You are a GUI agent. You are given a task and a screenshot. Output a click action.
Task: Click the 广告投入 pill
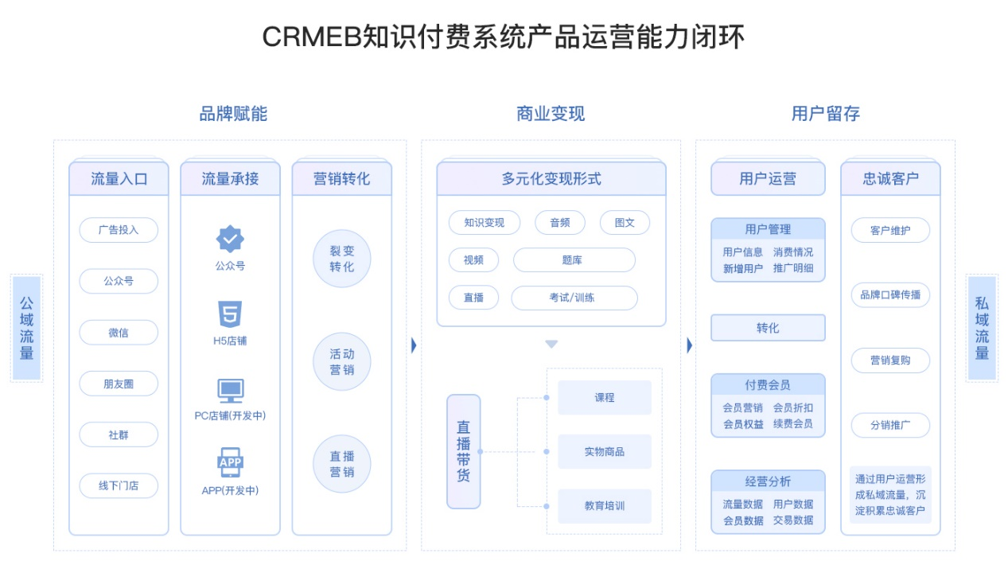click(119, 230)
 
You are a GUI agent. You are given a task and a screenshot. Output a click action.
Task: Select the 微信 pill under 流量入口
click(119, 333)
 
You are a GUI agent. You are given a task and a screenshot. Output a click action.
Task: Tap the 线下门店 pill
click(119, 485)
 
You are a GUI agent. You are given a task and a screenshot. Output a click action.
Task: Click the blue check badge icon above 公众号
click(230, 239)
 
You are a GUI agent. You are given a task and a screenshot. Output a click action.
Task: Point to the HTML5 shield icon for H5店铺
click(230, 314)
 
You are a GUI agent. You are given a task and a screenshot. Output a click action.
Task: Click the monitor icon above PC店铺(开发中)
click(231, 391)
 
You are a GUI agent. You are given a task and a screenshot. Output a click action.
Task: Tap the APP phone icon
click(231, 462)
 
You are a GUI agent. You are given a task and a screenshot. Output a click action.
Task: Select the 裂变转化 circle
click(341, 259)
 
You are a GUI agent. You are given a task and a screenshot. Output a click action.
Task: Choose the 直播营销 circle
click(341, 464)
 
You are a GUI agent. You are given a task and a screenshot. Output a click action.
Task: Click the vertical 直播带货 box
click(464, 451)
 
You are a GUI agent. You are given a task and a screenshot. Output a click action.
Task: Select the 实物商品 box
click(605, 451)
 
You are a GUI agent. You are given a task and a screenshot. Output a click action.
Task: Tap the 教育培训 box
click(605, 506)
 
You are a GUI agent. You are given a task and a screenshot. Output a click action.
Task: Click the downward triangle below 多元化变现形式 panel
click(551, 345)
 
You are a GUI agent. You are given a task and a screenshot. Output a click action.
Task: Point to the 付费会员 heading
click(768, 385)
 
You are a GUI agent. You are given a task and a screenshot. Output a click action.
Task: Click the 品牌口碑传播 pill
click(890, 295)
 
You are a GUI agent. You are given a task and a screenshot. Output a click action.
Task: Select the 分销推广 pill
click(890, 425)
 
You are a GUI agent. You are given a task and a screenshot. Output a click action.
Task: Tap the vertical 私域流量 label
click(982, 328)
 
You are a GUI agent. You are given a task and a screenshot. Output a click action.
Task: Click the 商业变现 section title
click(551, 114)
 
